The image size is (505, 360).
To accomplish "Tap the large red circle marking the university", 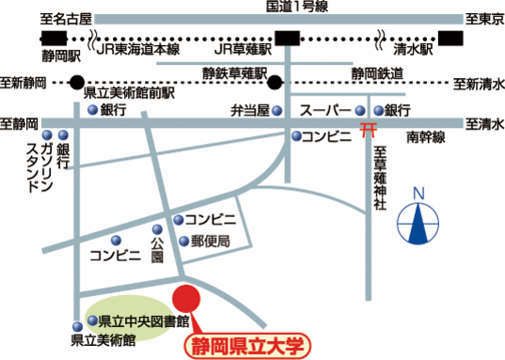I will [x=186, y=298].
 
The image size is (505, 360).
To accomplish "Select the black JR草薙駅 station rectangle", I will [x=288, y=38].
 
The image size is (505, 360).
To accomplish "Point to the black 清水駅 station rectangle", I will [x=452, y=38].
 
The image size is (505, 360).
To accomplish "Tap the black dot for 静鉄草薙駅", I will [x=279, y=82].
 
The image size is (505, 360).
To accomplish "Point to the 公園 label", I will [x=157, y=243].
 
